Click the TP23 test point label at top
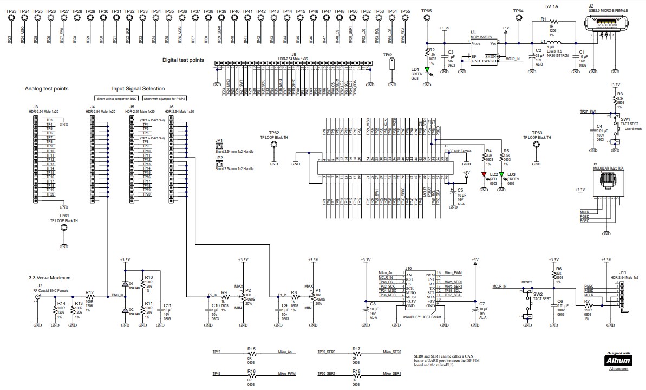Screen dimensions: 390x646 tap(11, 11)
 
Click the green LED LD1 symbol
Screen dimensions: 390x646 tap(428, 69)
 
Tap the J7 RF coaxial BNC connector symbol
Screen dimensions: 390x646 tap(37, 297)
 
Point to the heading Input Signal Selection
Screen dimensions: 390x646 tap(138, 88)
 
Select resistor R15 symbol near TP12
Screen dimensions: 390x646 tap(251, 354)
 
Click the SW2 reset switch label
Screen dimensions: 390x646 tap(538, 294)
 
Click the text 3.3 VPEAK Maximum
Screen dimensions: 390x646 tap(50, 278)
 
